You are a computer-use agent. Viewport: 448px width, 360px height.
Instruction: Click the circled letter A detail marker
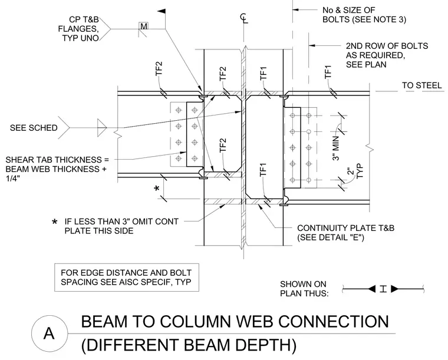tap(49, 333)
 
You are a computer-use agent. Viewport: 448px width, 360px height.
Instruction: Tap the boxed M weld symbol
tap(144, 26)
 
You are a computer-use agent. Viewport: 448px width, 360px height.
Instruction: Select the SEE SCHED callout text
tap(34, 128)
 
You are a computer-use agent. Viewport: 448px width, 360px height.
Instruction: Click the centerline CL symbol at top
tap(243, 18)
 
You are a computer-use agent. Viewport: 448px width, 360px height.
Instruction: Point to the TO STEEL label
tap(422, 85)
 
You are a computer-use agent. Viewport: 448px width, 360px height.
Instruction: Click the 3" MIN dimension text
tap(336, 148)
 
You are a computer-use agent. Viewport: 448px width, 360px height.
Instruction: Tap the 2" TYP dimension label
tap(355, 171)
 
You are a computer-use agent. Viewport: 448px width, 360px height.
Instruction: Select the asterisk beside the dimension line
tap(157, 189)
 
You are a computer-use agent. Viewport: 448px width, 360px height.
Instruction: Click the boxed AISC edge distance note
tap(127, 277)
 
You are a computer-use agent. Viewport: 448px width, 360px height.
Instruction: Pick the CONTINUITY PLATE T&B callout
tap(345, 232)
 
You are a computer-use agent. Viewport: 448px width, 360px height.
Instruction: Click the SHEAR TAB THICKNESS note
tap(56, 169)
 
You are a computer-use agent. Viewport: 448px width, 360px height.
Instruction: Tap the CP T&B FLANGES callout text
tap(78, 28)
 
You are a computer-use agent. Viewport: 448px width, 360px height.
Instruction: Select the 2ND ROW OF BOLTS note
tap(387, 55)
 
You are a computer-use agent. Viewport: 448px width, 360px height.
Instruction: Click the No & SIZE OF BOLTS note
tap(364, 15)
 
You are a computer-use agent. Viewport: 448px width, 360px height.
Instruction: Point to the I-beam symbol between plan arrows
tap(383, 289)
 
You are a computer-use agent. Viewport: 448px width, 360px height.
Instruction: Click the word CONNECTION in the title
tap(334, 322)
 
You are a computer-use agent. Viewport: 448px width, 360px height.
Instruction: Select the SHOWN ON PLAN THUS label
tap(304, 289)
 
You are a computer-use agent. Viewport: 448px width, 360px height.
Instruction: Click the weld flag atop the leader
tap(162, 11)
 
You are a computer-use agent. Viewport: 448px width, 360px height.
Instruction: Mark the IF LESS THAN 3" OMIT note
tap(121, 226)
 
